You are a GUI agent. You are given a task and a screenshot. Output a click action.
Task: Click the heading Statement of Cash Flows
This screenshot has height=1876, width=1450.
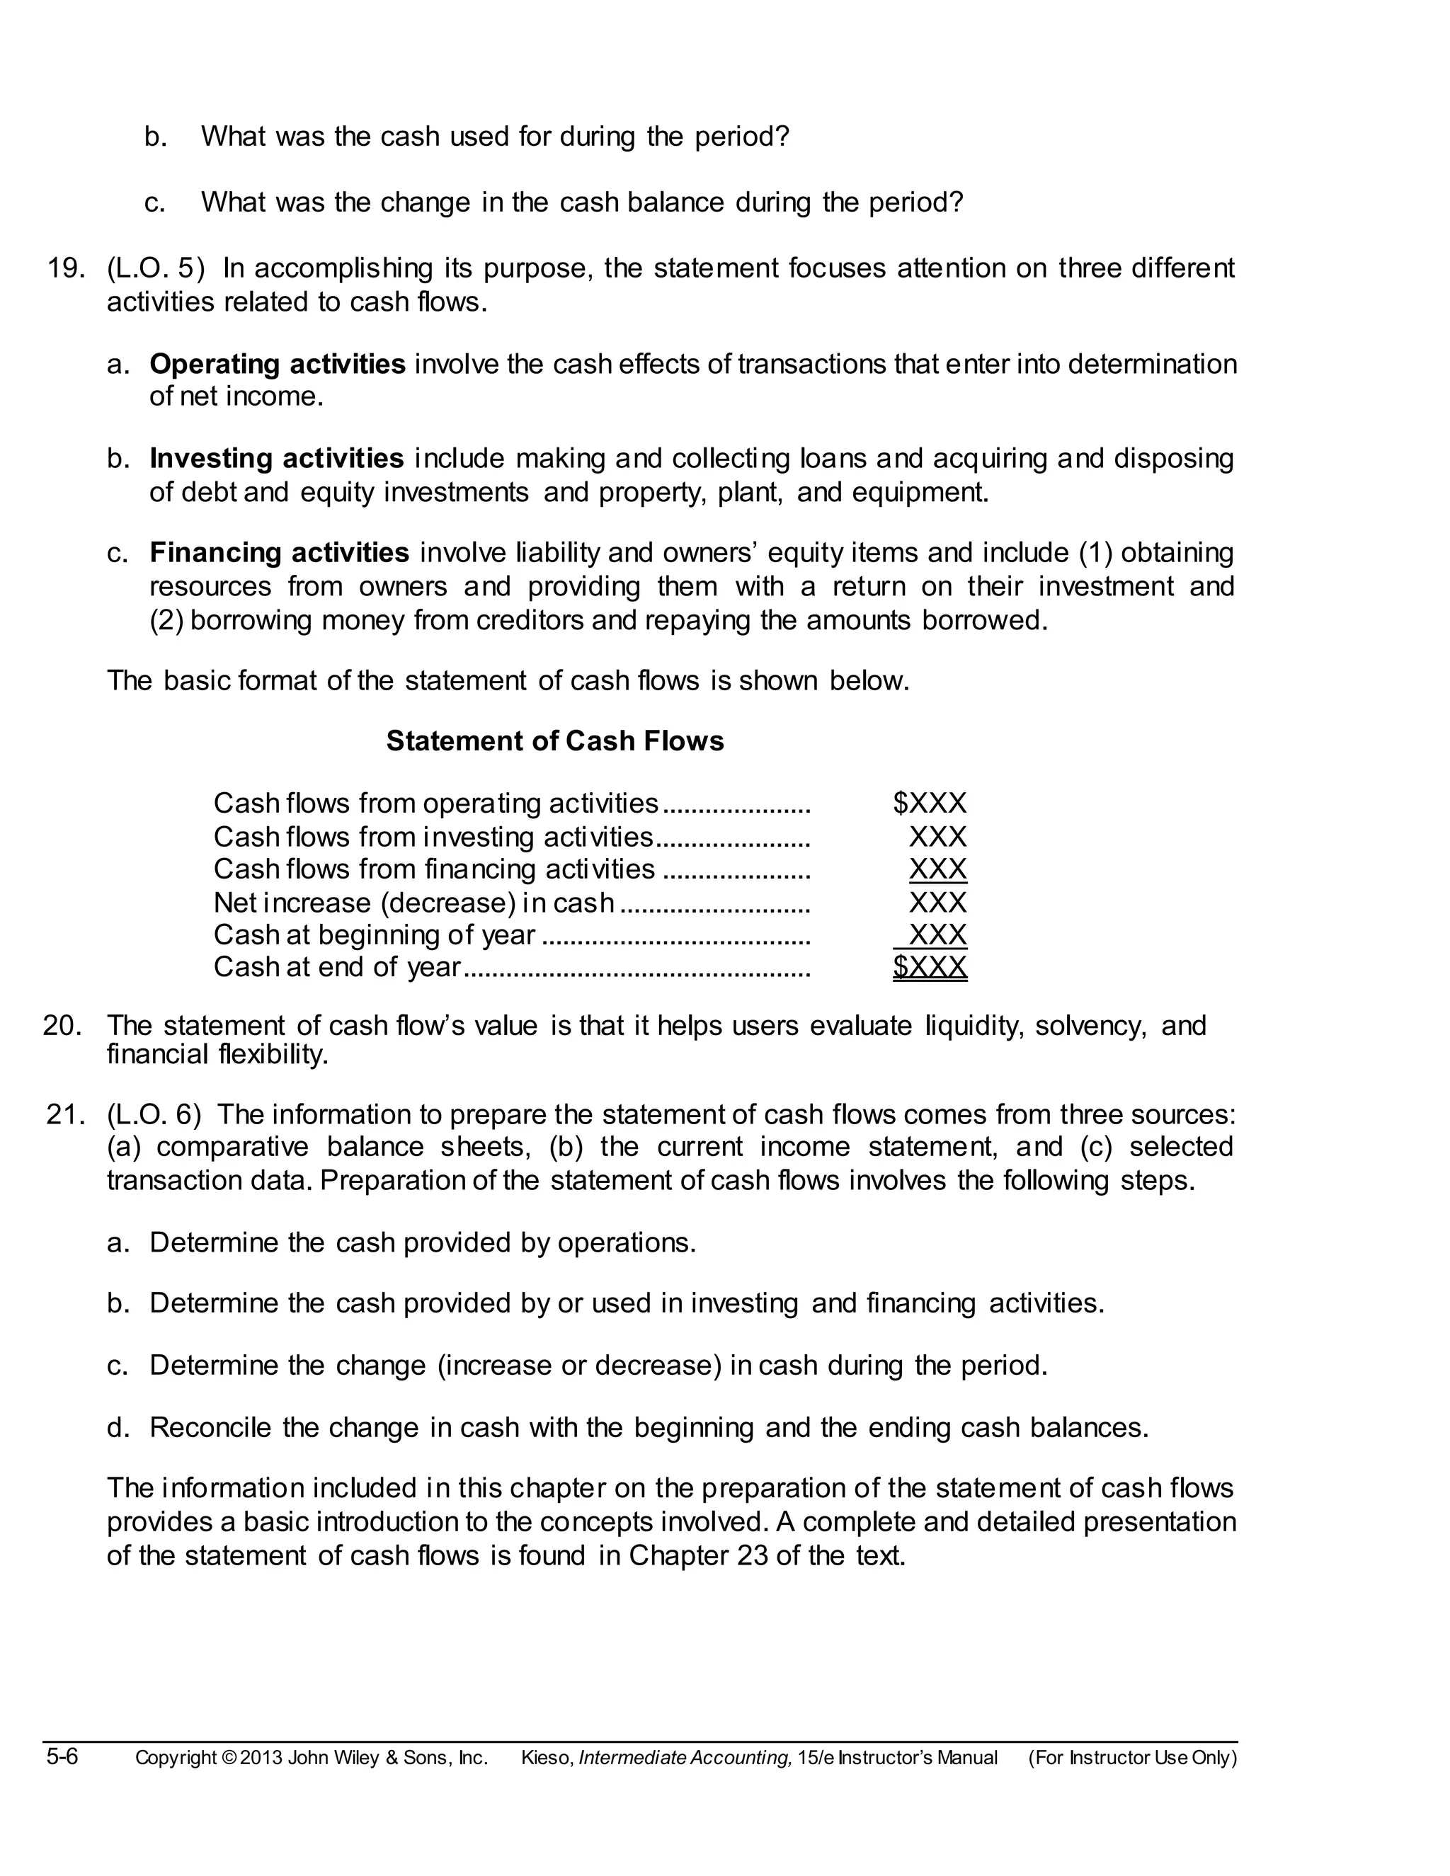pos(555,741)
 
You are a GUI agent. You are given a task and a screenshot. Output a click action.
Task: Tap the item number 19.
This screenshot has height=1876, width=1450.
pos(65,269)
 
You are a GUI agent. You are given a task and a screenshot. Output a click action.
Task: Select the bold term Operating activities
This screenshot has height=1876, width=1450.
pos(278,364)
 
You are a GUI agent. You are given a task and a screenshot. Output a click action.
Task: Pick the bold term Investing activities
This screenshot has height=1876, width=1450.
pos(277,459)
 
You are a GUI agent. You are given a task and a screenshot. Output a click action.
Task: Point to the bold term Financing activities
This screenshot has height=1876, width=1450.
pos(279,552)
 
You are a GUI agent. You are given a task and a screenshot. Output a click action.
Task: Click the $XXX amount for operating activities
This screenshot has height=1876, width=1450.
pos(930,804)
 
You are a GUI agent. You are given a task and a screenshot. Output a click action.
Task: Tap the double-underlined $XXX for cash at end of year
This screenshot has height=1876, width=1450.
pos(930,967)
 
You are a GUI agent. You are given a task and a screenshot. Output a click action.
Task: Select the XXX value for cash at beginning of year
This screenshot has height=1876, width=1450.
pos(937,934)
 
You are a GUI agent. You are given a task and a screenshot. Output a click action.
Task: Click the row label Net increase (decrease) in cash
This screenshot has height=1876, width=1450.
pos(413,903)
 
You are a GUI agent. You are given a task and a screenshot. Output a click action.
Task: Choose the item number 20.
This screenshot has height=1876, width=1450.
pos(63,1026)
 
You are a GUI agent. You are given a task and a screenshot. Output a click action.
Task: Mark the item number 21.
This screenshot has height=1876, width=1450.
pos(65,1115)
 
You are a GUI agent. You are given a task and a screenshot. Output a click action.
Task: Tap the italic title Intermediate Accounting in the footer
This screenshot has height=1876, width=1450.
pos(685,1758)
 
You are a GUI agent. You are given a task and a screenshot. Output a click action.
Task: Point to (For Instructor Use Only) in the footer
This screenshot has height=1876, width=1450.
pos(1132,1758)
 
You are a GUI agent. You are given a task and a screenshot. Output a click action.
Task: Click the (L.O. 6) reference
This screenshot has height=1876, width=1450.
pos(154,1115)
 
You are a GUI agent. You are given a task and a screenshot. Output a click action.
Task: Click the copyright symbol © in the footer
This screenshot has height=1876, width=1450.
pos(229,1758)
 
